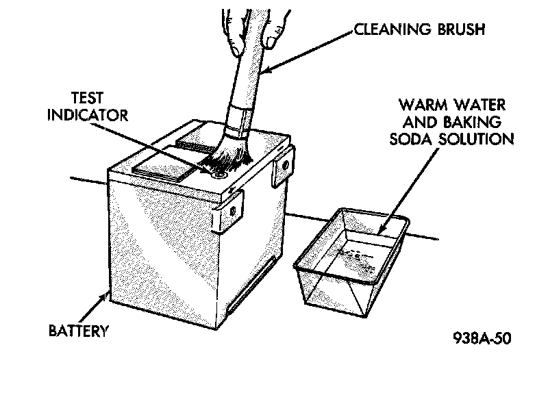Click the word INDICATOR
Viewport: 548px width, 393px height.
point(87,114)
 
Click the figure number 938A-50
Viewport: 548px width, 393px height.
point(482,338)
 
